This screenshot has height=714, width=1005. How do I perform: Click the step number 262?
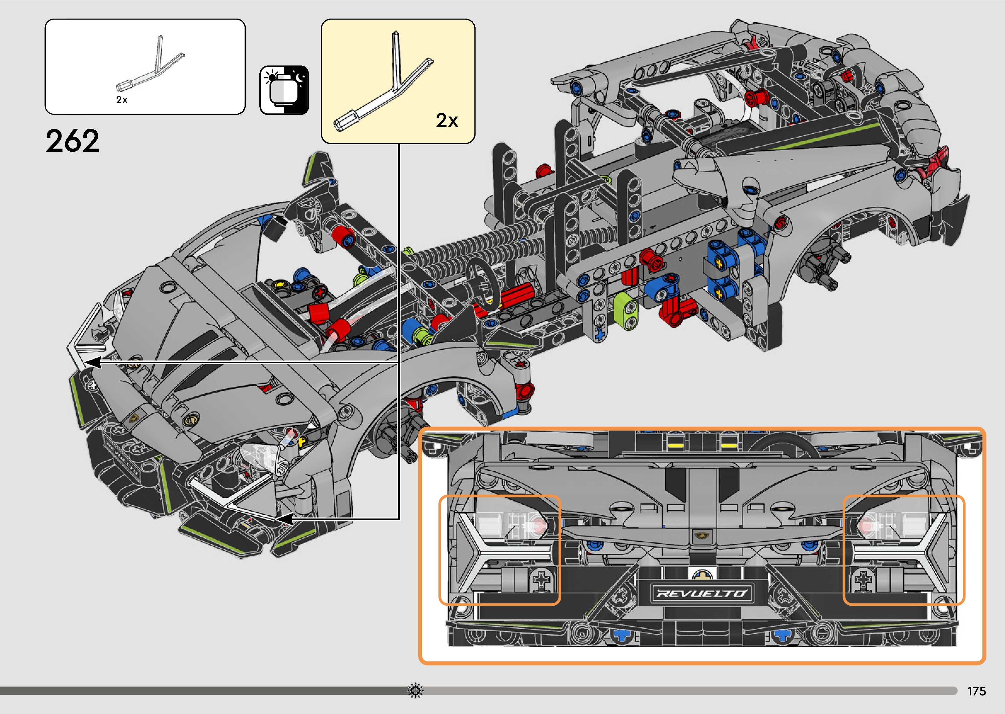[72, 141]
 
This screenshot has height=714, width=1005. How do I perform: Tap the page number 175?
[976, 691]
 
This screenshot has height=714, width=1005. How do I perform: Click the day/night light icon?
[284, 91]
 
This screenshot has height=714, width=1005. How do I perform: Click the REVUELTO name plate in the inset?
[702, 593]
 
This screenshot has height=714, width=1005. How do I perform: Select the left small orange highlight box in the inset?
[500, 550]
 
